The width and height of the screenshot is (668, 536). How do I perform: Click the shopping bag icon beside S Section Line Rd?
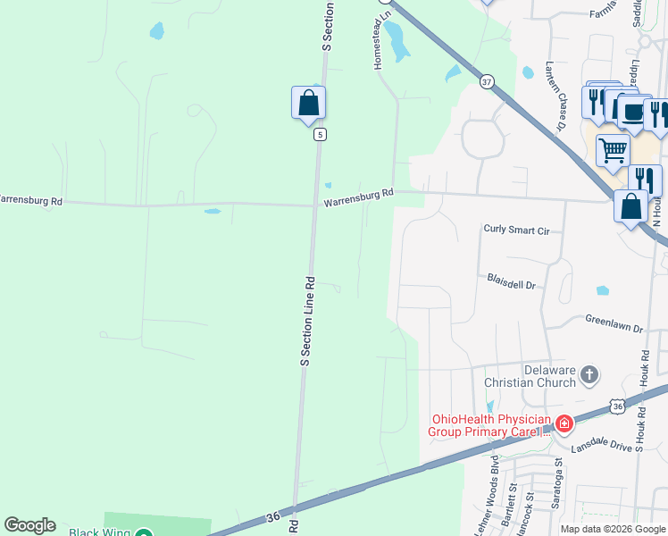tap(308, 103)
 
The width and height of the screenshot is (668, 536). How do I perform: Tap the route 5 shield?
tap(320, 135)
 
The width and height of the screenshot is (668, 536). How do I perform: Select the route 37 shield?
tap(486, 81)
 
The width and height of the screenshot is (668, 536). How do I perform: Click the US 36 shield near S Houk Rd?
tap(618, 406)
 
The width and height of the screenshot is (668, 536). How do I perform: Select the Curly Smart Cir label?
tap(515, 230)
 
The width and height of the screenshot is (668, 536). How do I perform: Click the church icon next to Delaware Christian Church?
tap(589, 374)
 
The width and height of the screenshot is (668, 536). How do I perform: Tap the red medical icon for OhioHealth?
tap(564, 423)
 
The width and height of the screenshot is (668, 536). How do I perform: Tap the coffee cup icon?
tap(633, 113)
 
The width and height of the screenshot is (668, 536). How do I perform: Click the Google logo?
tap(29, 525)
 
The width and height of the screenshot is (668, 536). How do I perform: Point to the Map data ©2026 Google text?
tap(614, 529)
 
